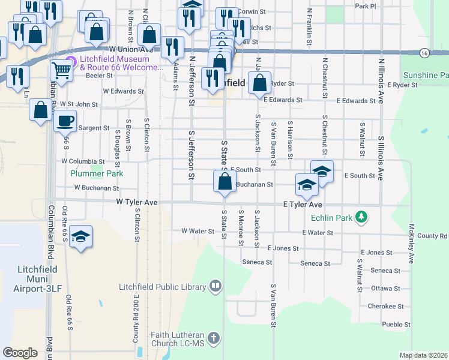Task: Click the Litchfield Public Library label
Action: pos(162,287)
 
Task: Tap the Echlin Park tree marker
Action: pos(361,217)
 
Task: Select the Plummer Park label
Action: pos(97,173)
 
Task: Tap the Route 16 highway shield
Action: pos(424,53)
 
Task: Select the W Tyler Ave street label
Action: pos(137,203)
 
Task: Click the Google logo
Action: pos(20,353)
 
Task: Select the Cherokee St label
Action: pos(386,306)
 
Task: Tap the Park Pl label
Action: pos(365,6)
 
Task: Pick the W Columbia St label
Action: pos(83,161)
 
